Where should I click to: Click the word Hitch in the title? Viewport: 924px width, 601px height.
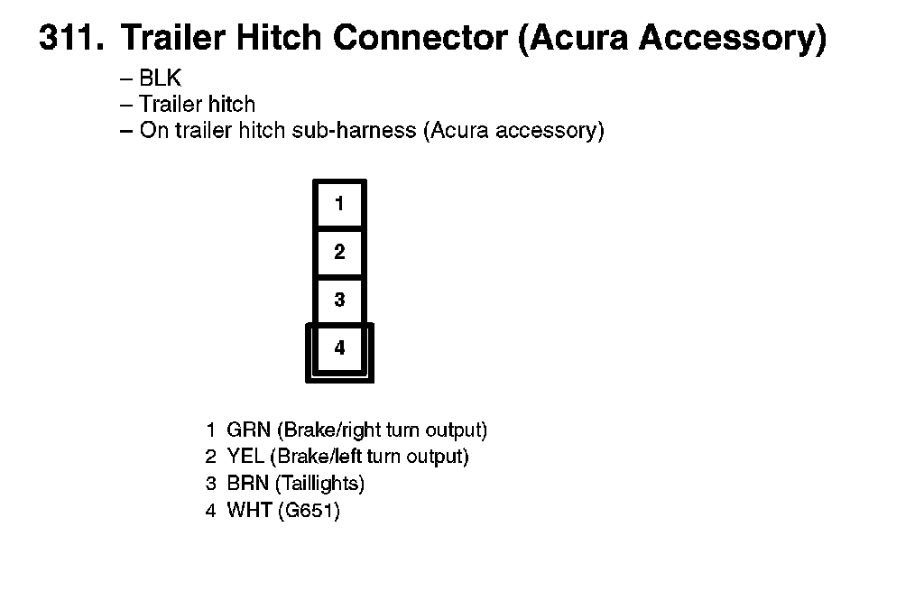pyautogui.click(x=282, y=38)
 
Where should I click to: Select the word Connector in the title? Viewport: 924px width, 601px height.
pyautogui.click(x=422, y=38)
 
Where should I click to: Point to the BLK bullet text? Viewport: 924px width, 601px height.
pyautogui.click(x=160, y=79)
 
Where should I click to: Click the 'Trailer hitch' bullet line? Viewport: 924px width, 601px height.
pyautogui.click(x=197, y=104)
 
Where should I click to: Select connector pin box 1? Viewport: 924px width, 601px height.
pyautogui.click(x=339, y=204)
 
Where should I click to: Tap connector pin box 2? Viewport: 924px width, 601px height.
pyautogui.click(x=339, y=252)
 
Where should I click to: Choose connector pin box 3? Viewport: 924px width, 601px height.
pyautogui.click(x=339, y=300)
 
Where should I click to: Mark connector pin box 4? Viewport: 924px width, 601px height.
pyautogui.click(x=339, y=347)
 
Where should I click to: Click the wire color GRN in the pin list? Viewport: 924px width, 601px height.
pyautogui.click(x=248, y=430)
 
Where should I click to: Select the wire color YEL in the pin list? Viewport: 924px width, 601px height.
pyautogui.click(x=245, y=457)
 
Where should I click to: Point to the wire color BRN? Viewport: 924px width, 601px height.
pyautogui.click(x=247, y=484)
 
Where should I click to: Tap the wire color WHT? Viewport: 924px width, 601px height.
pyautogui.click(x=248, y=511)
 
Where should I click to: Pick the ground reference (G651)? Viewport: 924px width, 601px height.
pyautogui.click(x=309, y=511)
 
